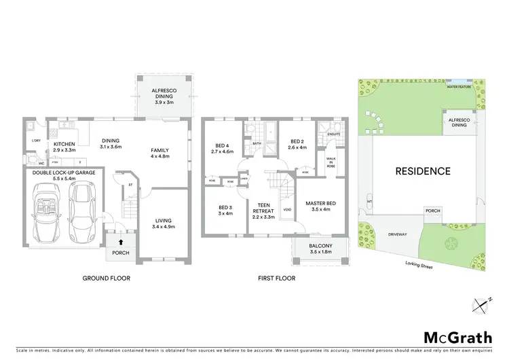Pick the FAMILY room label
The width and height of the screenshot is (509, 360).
[x=160, y=153]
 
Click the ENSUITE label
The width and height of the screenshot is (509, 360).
[x=333, y=134]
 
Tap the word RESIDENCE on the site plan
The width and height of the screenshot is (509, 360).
[x=423, y=171]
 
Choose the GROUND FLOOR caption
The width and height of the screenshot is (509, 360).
[x=106, y=278]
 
